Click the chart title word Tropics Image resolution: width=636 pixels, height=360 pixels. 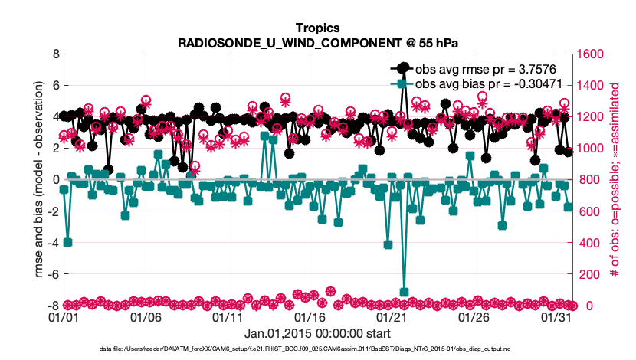317,28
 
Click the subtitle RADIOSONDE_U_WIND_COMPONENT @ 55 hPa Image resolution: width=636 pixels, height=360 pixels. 317,43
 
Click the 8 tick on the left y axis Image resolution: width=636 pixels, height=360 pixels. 54,54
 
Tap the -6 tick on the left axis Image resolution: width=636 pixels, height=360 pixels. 52,274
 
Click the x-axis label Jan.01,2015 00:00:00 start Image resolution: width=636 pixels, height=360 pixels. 317,333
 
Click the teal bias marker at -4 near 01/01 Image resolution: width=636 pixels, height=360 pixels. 67,242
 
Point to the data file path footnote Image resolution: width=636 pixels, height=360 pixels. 317,349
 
